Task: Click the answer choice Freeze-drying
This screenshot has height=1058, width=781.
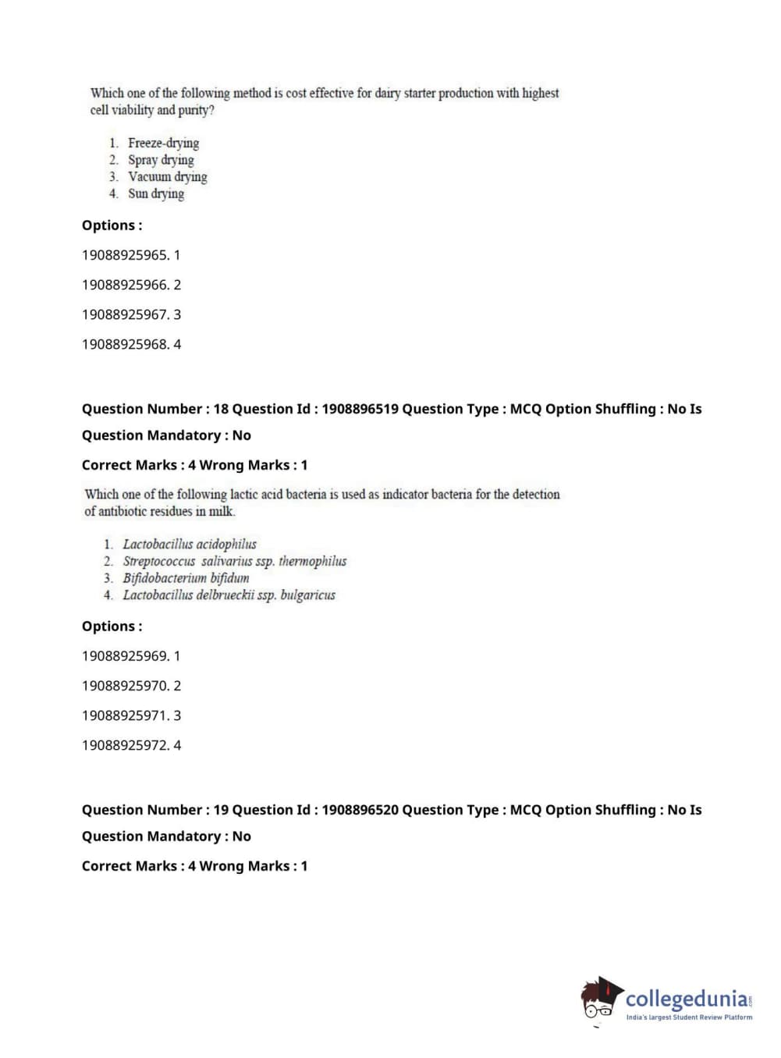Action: pyautogui.click(x=163, y=143)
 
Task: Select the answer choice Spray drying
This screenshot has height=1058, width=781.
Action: pyautogui.click(x=161, y=160)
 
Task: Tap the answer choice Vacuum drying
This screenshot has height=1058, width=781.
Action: pyautogui.click(x=167, y=177)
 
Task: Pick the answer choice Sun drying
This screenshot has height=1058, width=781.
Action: pyautogui.click(x=156, y=193)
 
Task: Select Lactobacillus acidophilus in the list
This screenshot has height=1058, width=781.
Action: pyautogui.click(x=190, y=544)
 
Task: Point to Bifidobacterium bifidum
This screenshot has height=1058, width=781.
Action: pyautogui.click(x=186, y=578)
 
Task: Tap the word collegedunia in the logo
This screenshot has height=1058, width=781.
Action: pyautogui.click(x=687, y=999)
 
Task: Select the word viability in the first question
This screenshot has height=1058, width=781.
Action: pyautogui.click(x=133, y=110)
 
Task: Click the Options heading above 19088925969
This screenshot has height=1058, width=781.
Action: pyautogui.click(x=112, y=627)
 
